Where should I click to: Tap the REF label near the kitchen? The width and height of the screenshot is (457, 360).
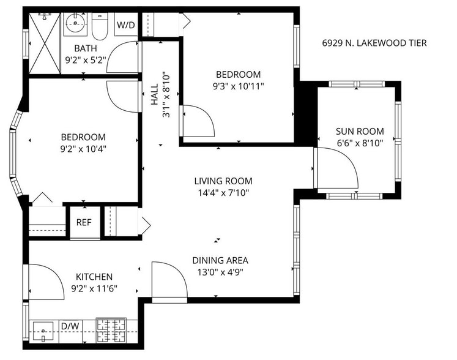pos(83,222)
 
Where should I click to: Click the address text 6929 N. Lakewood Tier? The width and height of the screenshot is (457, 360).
pos(374,43)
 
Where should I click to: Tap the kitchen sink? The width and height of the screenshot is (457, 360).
pos(44,334)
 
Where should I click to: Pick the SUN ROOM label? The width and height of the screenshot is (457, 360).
pos(359,131)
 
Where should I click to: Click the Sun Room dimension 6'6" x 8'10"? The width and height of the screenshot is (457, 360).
pos(359,143)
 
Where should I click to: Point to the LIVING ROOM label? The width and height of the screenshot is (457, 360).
pos(223,181)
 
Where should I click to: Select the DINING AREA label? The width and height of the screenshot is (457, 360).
pos(220,260)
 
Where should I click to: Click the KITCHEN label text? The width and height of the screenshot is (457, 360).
pos(94,277)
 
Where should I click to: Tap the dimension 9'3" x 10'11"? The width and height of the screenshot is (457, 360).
pos(238,86)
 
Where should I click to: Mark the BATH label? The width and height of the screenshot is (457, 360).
pos(86,48)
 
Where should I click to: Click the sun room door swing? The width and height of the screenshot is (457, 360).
pos(336,168)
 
